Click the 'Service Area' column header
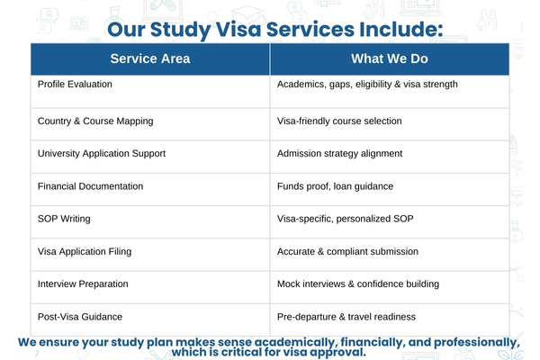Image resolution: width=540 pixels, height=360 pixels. click(x=150, y=58)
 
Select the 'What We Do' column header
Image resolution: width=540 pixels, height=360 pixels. click(x=389, y=58)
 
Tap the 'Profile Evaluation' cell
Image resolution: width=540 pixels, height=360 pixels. click(x=76, y=84)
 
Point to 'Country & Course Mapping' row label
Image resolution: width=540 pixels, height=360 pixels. click(x=94, y=121)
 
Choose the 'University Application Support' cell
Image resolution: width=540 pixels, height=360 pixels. click(x=102, y=154)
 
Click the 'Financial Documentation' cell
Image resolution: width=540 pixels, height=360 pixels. click(x=90, y=186)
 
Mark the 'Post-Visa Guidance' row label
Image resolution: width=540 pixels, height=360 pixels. click(x=80, y=317)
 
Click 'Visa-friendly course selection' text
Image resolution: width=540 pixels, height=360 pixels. click(x=339, y=121)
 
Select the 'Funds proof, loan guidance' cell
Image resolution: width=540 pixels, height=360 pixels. click(x=334, y=186)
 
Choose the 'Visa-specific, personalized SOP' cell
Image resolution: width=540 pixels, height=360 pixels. click(x=346, y=219)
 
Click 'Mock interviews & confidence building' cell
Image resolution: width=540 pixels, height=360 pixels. click(x=358, y=284)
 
